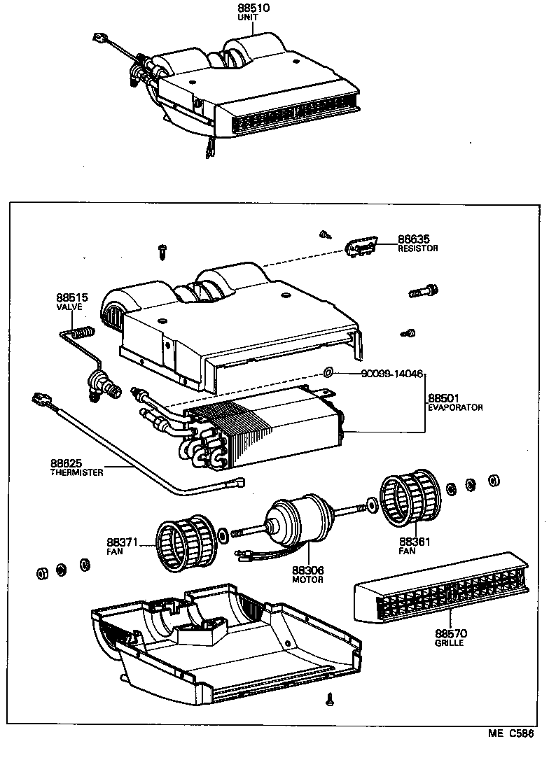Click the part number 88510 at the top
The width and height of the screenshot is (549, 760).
pos(253,8)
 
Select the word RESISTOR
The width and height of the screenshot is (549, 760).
pos(417,248)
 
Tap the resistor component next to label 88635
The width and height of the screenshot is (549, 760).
pos(362,246)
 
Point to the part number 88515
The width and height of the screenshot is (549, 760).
pos(71,297)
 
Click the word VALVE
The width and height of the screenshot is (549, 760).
pos(69,307)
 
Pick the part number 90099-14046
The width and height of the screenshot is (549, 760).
pos(383,374)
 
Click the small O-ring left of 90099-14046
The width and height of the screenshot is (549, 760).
pos(328,370)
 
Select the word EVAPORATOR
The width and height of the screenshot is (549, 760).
pos(456,407)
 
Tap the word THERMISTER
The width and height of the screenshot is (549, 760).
pos(77,472)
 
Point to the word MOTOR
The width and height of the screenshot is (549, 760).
pos(308,580)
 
